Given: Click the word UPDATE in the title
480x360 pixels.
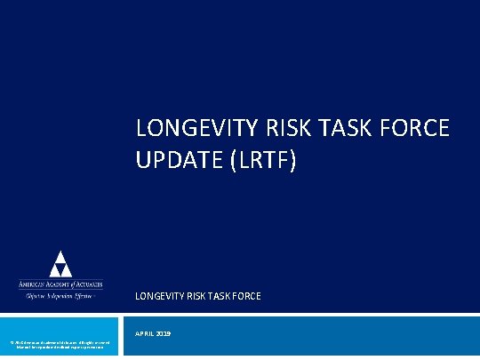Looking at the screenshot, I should [177, 163].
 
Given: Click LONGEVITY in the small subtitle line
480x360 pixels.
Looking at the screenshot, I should [159, 296].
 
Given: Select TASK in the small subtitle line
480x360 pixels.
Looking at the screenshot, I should [219, 296].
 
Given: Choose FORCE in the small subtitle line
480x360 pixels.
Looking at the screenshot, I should [246, 296].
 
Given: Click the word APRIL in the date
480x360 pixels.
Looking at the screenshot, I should [148, 334].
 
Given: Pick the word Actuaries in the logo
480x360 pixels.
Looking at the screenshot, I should [90, 284].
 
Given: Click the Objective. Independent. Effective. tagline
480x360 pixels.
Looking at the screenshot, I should [60, 296].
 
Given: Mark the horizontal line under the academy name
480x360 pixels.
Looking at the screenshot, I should [60, 290].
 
